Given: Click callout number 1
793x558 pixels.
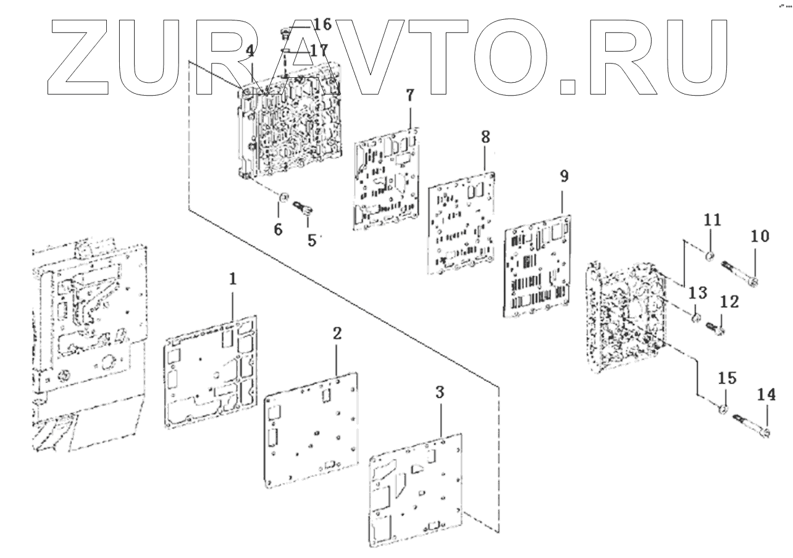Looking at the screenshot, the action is pos(233,280).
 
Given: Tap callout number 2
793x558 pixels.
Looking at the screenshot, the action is pos(337,334).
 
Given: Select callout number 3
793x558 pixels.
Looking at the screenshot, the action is pos(440,392).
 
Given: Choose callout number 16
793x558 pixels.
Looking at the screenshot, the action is pos(322,25).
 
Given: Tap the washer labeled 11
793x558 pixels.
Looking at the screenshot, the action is pos(711,257).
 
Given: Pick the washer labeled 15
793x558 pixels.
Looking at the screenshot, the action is pos(724,409).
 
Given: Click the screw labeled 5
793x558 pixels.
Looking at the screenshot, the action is pos(304,209).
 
